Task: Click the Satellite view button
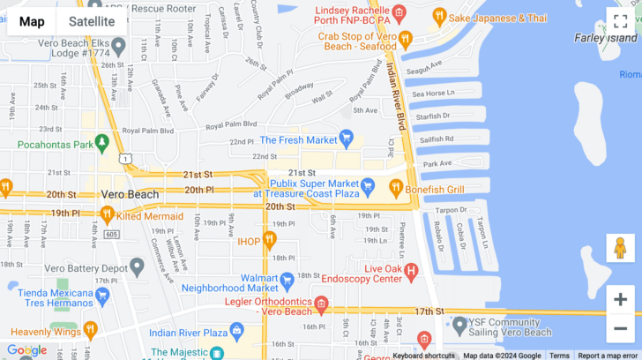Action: (x=92, y=21)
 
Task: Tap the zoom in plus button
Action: (x=620, y=299)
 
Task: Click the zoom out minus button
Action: (x=620, y=328)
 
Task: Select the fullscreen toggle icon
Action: (x=620, y=21)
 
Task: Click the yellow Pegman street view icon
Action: (x=620, y=248)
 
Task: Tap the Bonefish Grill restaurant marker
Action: (x=396, y=187)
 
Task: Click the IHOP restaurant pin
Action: (x=270, y=239)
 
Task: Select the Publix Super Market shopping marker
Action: (x=369, y=187)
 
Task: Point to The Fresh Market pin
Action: (x=347, y=139)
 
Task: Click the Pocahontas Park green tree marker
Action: (x=102, y=143)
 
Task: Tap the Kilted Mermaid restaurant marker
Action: (x=108, y=214)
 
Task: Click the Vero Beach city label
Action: (x=131, y=194)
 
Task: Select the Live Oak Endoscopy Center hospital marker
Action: (x=410, y=274)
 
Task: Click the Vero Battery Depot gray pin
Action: (x=137, y=266)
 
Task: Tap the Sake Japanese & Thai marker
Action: (x=438, y=17)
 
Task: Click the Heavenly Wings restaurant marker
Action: (x=90, y=331)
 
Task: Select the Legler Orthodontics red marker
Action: (x=321, y=305)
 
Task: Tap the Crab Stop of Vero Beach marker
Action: (x=406, y=40)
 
